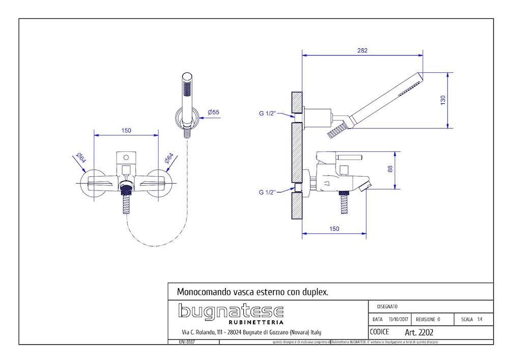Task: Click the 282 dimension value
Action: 362,50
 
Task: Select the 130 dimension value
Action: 443,100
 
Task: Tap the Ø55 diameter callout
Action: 213,112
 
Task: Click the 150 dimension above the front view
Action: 126,130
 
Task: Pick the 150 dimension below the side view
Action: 334,229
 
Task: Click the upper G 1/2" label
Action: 267,113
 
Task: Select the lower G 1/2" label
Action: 267,192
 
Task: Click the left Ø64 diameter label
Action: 80,158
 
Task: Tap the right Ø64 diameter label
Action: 169,158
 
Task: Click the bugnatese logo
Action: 231,311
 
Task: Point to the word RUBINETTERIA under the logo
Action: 256,322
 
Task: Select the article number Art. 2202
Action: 418,333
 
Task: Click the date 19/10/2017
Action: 398,320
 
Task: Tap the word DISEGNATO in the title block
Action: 387,307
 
